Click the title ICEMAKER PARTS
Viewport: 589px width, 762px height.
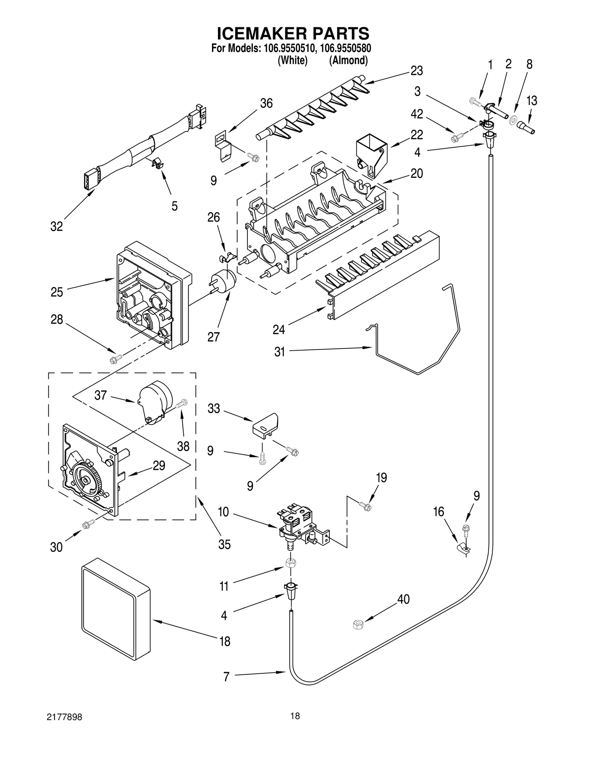(293, 33)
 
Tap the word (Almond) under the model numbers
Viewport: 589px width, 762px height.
(348, 60)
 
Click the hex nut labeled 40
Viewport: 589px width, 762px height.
(358, 624)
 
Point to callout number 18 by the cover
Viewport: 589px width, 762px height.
(225, 641)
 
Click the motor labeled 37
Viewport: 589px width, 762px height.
(155, 401)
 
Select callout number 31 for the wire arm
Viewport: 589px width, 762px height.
(279, 352)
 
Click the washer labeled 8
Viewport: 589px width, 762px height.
(512, 120)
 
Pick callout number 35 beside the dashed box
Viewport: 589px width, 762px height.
(224, 544)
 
